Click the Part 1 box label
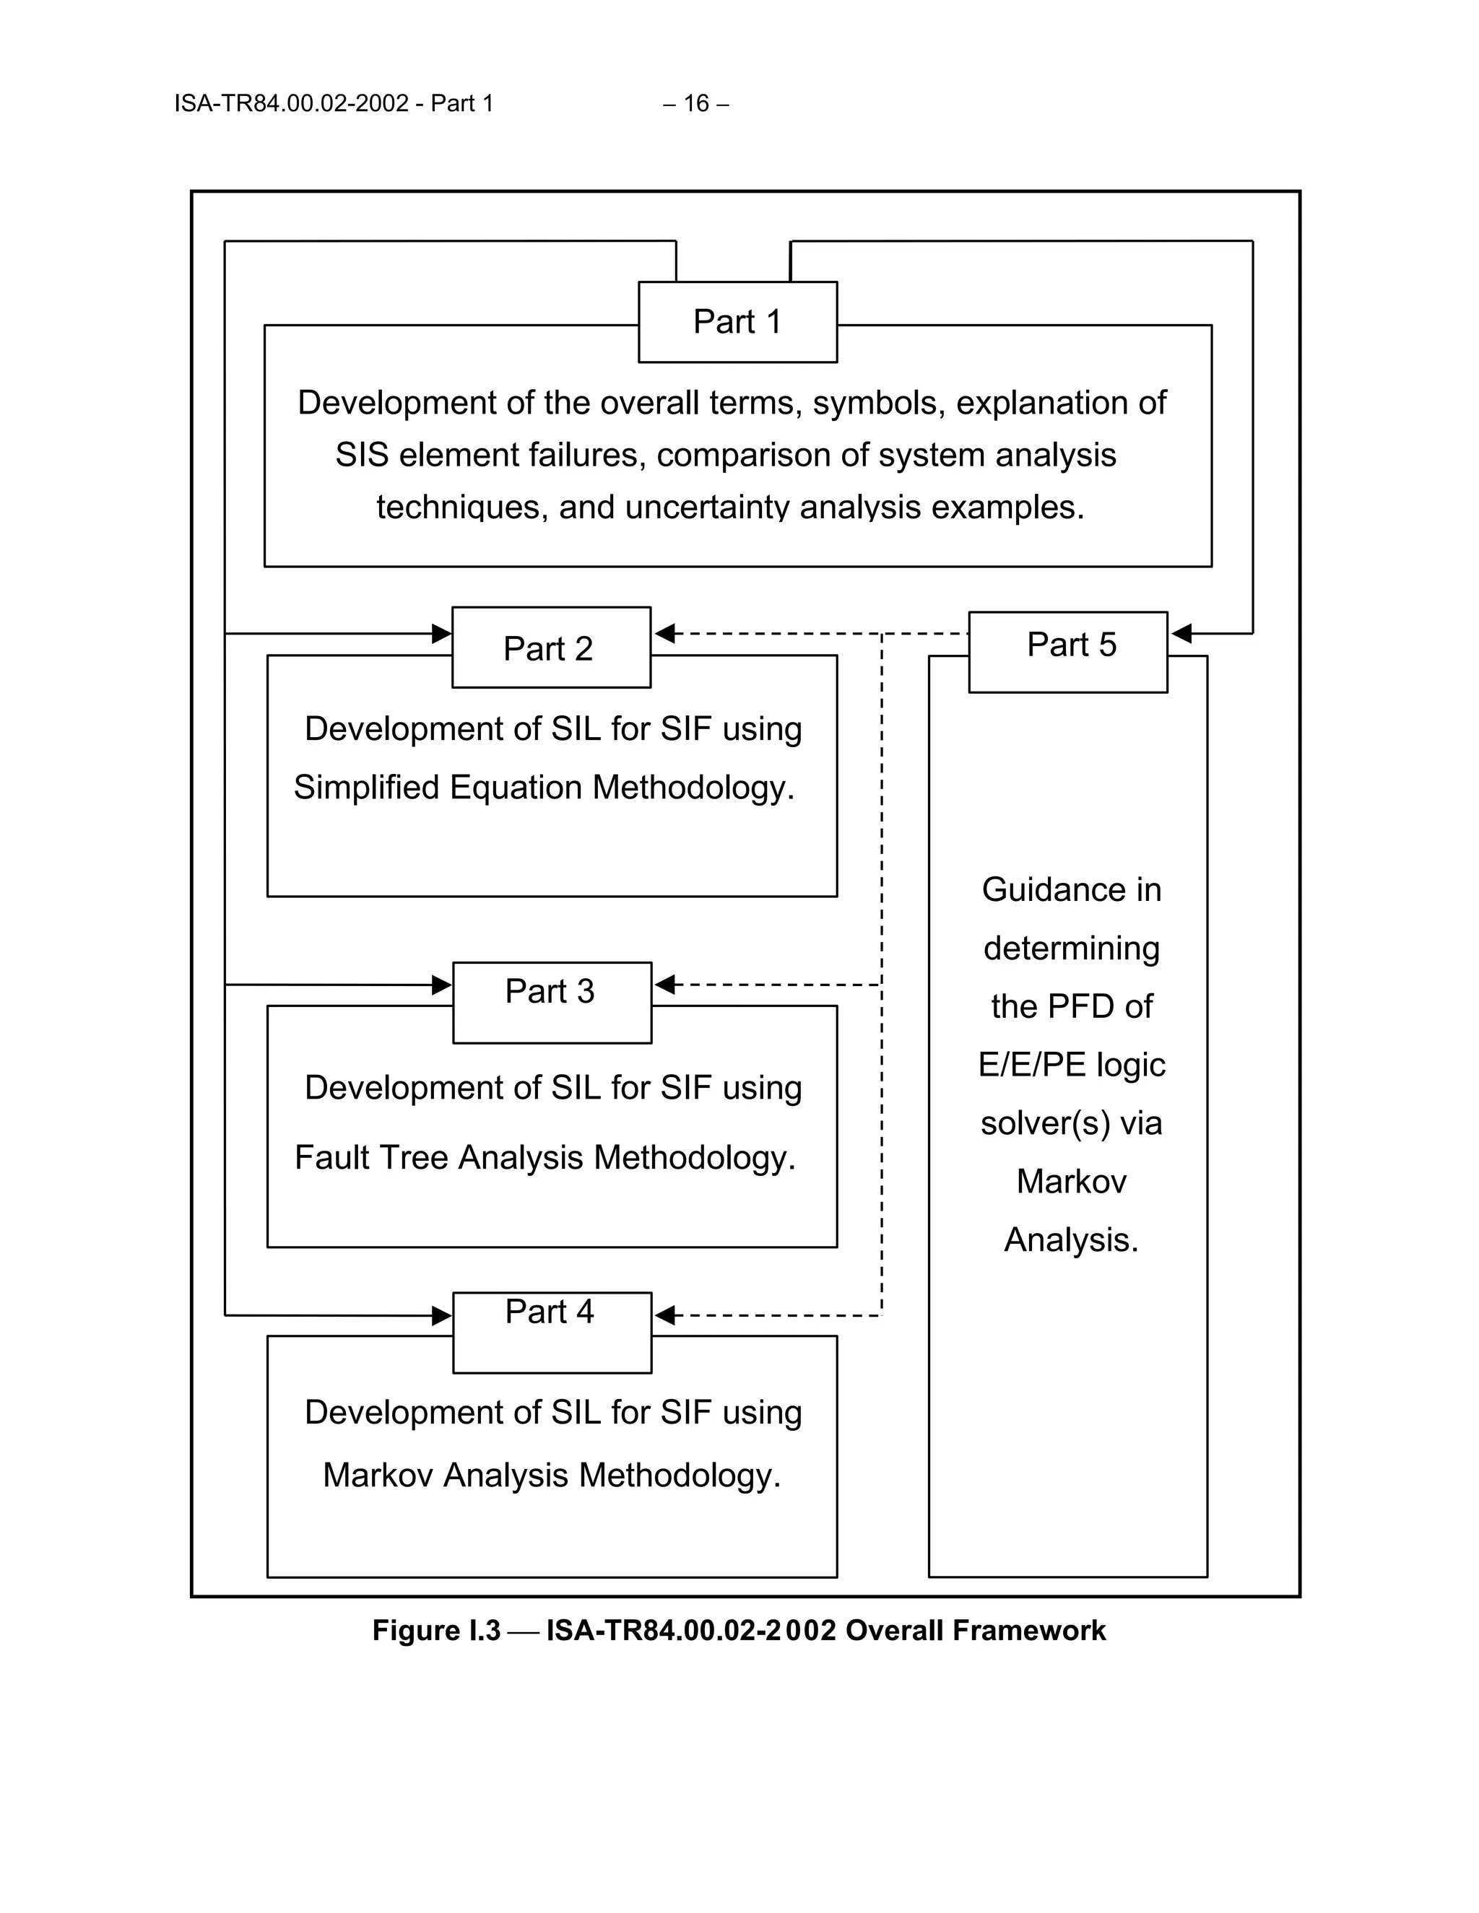[x=737, y=321]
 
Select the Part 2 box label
[x=549, y=648]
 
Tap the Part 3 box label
[x=550, y=992]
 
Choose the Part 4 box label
[x=550, y=1311]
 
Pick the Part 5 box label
[x=1071, y=645]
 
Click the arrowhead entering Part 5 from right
[x=1180, y=633]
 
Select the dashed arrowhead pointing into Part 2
[x=664, y=633]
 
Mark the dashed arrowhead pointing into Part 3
[x=664, y=985]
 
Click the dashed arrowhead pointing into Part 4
[x=664, y=1315]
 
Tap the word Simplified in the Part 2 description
[x=366, y=788]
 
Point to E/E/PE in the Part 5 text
[x=1031, y=1064]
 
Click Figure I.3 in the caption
[x=435, y=1630]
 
